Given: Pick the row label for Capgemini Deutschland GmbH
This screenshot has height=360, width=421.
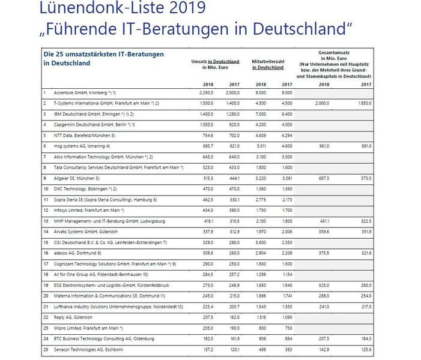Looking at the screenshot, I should [88, 124].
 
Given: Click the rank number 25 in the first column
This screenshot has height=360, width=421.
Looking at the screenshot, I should [45, 349].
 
